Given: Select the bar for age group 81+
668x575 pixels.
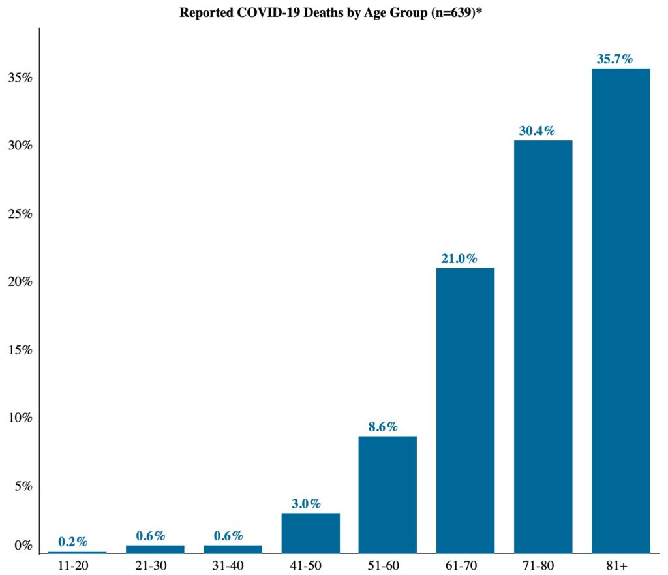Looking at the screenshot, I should click(x=620, y=310).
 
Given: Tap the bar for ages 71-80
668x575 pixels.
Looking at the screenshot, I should click(x=543, y=346).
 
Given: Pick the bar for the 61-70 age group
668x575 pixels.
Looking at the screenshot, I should click(x=465, y=410).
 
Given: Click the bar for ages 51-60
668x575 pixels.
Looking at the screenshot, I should click(x=387, y=494).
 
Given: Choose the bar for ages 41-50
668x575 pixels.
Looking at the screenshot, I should click(x=310, y=533).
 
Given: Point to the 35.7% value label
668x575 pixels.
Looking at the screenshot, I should click(x=615, y=59).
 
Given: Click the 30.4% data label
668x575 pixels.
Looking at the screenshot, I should click(x=537, y=131).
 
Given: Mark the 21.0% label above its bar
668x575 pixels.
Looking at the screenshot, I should click(x=459, y=259).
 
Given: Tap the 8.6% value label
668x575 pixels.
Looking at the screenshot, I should click(x=382, y=427).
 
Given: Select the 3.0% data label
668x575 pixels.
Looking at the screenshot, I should click(x=305, y=504).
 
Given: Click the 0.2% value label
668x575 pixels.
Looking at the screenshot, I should click(x=72, y=542).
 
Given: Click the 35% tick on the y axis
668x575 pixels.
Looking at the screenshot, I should click(x=20, y=78).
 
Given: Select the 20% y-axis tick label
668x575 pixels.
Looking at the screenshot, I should click(x=20, y=282).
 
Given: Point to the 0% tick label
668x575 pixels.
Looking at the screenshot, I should click(x=23, y=546).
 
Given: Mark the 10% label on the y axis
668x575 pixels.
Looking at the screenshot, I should click(x=20, y=418).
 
